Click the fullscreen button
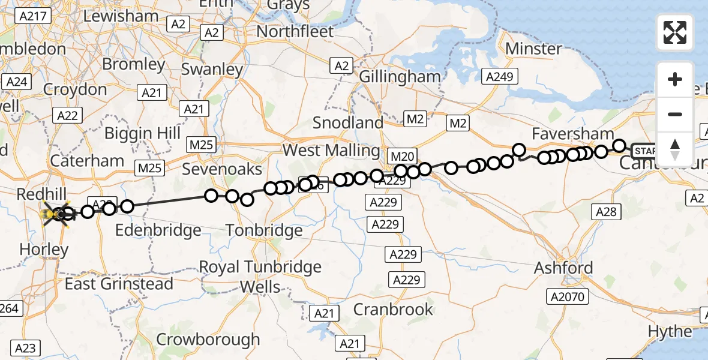[675, 32]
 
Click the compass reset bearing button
[675, 149]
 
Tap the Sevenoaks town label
[222, 169]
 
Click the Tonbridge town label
[264, 230]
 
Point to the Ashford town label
[563, 268]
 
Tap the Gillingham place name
[400, 77]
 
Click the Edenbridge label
[158, 230]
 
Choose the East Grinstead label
[119, 284]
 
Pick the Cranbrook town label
[393, 310]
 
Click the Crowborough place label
[208, 339]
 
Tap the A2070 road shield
[568, 296]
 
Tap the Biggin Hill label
[143, 133]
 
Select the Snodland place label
[348, 123]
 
